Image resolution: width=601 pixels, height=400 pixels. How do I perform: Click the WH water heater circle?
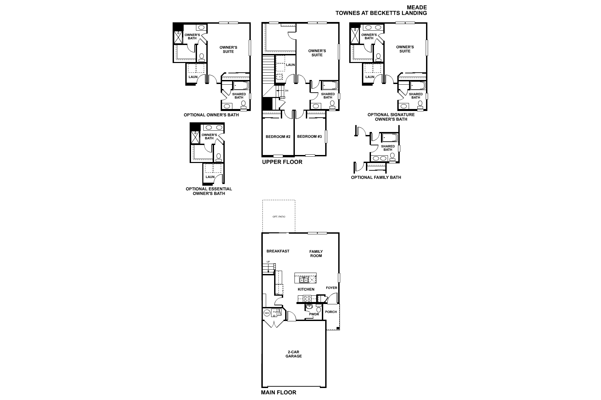point(267,313)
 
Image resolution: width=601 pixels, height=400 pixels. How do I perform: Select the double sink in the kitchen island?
point(304,280)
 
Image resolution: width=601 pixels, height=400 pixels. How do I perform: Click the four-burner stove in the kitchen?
point(306,298)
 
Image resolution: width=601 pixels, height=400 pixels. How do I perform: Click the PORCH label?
point(331,312)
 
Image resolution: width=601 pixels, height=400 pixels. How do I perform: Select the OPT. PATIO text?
point(279,217)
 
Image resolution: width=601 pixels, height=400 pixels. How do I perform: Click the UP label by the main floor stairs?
point(268,262)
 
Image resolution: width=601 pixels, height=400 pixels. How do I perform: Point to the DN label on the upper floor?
point(286,91)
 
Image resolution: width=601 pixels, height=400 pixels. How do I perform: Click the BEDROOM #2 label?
point(278,137)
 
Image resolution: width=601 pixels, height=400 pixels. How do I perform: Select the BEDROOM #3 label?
point(310,136)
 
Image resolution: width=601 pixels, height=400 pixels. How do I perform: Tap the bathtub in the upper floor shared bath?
point(330,86)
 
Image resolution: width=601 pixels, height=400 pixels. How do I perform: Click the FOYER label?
point(332,288)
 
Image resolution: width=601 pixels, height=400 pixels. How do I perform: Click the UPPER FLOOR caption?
point(282,162)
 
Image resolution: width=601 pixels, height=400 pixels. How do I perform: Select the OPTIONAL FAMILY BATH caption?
point(376,177)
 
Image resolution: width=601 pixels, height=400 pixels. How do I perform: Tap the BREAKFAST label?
point(278,251)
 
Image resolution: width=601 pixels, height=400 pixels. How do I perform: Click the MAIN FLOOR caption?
point(278,393)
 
